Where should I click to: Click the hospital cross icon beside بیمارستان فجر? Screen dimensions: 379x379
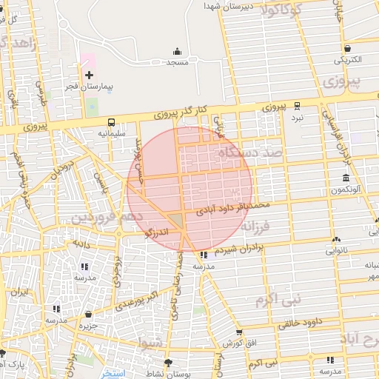pos(90,76)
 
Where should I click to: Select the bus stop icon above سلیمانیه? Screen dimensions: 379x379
pos(111,122)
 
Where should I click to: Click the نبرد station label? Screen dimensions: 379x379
pos(297,117)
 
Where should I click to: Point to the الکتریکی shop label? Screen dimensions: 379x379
pos(347,59)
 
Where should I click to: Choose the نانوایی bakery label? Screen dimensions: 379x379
pos(338,249)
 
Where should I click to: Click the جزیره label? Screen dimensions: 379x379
pos(90,326)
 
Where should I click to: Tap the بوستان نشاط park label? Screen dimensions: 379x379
pos(188,375)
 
